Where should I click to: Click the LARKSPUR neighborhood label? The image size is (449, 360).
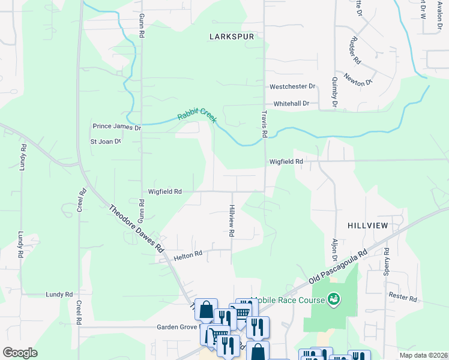coord(232,37)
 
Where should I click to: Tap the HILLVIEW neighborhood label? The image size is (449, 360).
coord(368,225)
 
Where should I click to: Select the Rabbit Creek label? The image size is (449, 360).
coord(196,115)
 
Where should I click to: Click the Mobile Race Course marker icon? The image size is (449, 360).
coord(334,298)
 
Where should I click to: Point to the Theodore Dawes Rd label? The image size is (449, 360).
coord(136,228)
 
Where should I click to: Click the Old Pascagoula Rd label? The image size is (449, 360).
coord(337,267)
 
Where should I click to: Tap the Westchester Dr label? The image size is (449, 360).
coord(292,86)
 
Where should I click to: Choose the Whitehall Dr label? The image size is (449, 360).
coord(291,104)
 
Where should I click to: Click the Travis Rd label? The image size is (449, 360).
coord(264,123)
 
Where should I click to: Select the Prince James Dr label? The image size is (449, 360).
coord(116,127)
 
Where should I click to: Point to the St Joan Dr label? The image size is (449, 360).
coord(106,142)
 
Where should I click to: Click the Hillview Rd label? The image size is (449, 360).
coord(231,220)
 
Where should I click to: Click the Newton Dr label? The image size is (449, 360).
coord(359,79)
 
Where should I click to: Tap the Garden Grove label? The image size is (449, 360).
coord(177,328)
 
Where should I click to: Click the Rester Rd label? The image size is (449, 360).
coord(402,296)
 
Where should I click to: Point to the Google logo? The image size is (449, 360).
coord(20,353)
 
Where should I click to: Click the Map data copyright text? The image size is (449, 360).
coord(423,355)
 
